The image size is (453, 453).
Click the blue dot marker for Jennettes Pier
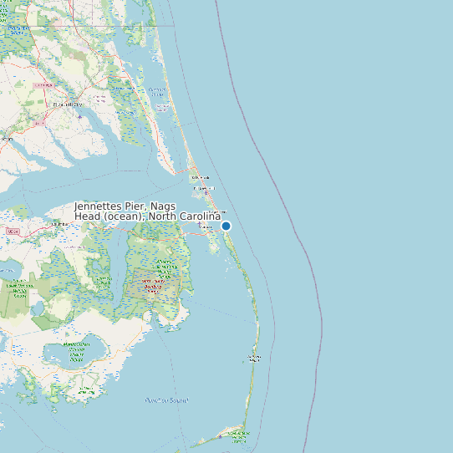pyautogui.click(x=226, y=226)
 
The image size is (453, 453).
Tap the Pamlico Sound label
pyautogui.click(x=166, y=400)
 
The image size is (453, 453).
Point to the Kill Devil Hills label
pyautogui.click(x=204, y=188)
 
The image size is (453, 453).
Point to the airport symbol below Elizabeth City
pyautogui.click(x=79, y=116)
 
